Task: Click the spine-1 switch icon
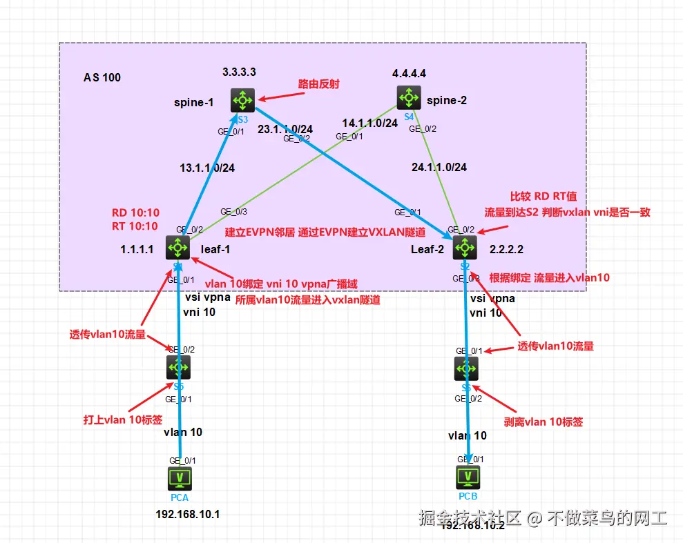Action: click(x=243, y=101)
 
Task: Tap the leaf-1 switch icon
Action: click(x=178, y=247)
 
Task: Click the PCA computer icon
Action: click(x=180, y=477)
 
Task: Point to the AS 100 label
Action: click(x=102, y=77)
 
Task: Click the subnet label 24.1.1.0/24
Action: click(x=439, y=167)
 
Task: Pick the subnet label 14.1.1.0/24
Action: click(x=370, y=123)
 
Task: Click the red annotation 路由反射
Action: click(x=318, y=83)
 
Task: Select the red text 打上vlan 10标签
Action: click(x=123, y=420)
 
